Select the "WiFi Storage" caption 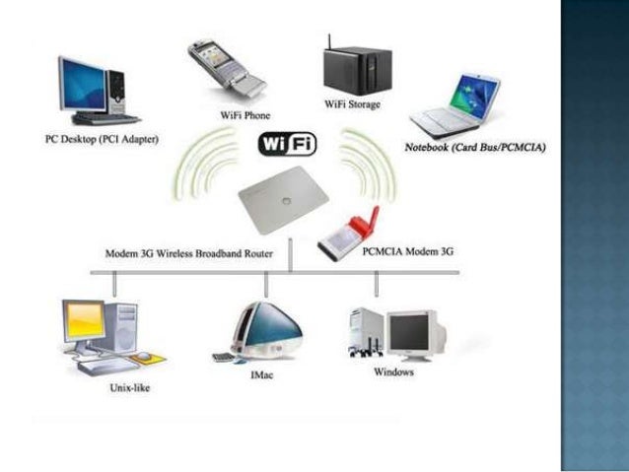pyautogui.click(x=352, y=103)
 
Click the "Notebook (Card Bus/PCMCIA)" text pyautogui.click(x=476, y=147)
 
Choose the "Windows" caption pyautogui.click(x=392, y=372)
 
